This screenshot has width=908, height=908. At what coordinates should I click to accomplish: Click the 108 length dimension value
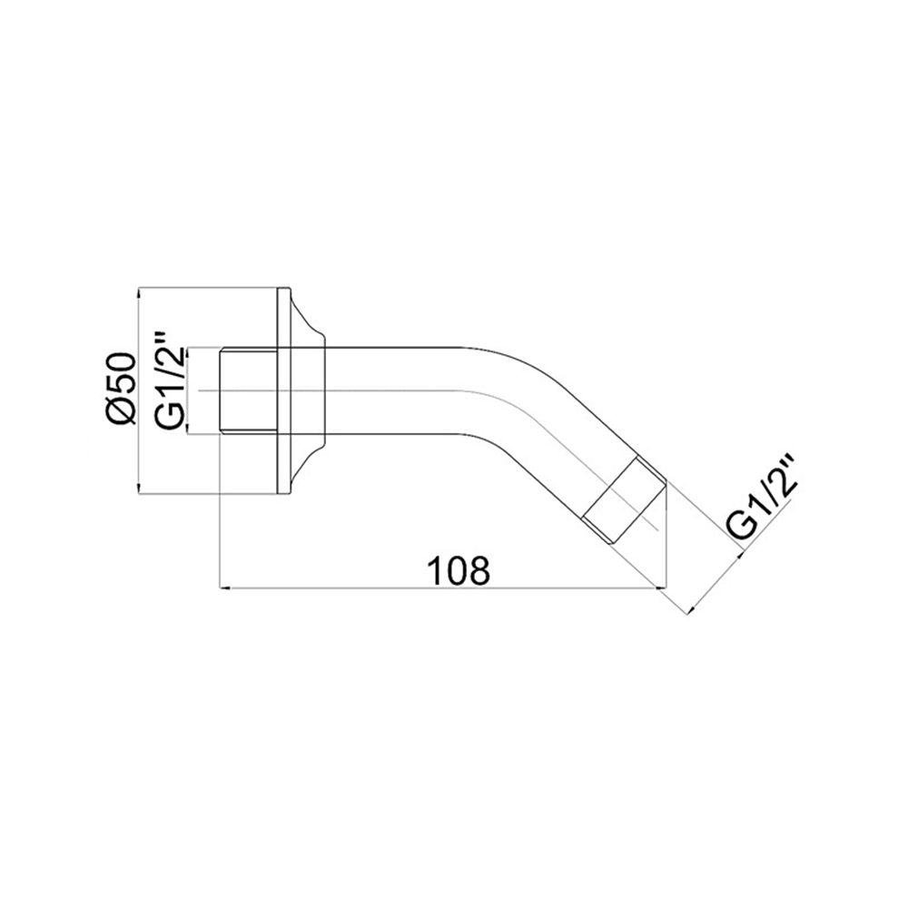tap(459, 570)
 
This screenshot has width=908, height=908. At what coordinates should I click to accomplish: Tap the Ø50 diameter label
tap(122, 390)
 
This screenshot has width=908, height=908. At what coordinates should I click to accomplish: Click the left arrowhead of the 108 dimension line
tap(226, 588)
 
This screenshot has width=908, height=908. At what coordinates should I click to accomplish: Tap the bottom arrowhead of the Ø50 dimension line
tap(138, 488)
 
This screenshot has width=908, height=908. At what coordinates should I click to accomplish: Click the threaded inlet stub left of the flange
tap(249, 390)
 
